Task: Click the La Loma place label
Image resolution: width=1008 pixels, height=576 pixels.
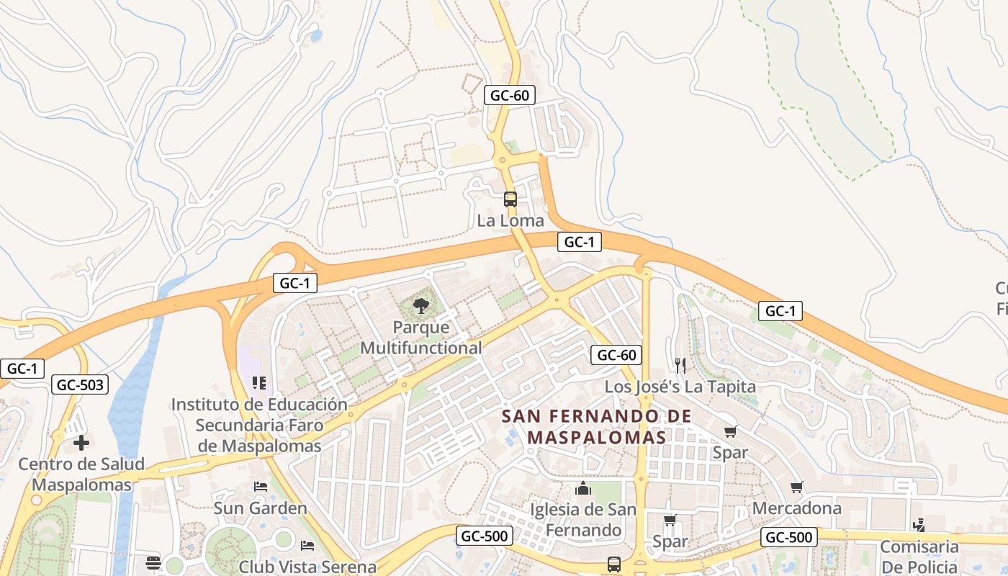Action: [x=510, y=220]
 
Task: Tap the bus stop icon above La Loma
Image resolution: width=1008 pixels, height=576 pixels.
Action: [x=510, y=199]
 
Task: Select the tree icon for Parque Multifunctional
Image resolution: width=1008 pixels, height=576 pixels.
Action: [x=421, y=306]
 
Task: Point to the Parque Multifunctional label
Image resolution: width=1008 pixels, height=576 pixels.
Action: [x=421, y=338]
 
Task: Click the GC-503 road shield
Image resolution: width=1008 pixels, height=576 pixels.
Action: [x=81, y=385]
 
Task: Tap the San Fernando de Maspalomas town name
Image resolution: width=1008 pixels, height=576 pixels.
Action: [x=596, y=426]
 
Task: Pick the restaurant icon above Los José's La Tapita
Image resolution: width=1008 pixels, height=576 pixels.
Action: [x=680, y=365]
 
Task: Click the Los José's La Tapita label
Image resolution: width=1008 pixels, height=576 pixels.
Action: [x=680, y=387]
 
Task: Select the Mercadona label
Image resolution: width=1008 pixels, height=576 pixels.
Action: [x=796, y=508]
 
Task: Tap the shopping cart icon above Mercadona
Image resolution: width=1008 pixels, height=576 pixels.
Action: [x=796, y=487]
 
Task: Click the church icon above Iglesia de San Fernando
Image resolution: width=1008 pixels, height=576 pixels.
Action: [x=583, y=490]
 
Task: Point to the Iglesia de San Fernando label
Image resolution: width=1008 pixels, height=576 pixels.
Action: [x=583, y=520]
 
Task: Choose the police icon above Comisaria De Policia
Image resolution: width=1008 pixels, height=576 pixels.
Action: [x=919, y=525]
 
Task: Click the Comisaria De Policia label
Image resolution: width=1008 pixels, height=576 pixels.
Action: [x=919, y=556]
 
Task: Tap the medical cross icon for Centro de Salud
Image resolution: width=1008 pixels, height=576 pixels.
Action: [x=81, y=442]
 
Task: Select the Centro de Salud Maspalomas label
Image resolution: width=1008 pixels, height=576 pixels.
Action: [x=81, y=474]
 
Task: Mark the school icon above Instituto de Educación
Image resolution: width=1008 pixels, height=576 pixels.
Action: [x=259, y=383]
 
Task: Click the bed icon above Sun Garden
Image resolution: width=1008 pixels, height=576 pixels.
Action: [x=261, y=487]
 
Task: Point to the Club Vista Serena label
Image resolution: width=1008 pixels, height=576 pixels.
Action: [x=308, y=567]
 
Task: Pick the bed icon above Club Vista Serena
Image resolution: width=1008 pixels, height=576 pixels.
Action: [x=308, y=545]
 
